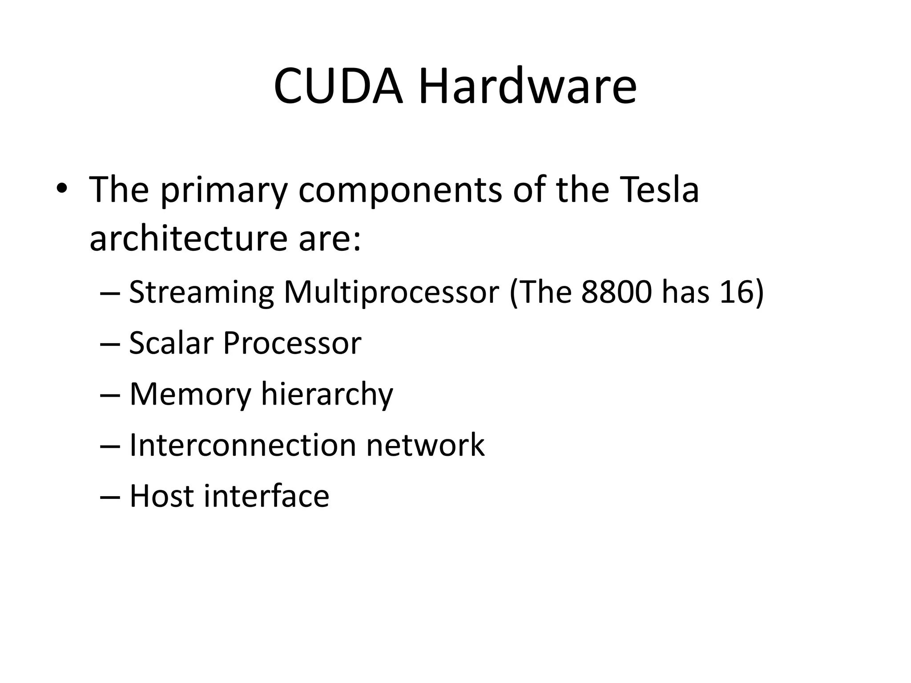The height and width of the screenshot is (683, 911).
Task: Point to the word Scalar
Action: [171, 343]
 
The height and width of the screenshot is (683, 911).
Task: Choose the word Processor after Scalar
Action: [292, 343]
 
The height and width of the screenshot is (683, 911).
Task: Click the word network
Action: [425, 445]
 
